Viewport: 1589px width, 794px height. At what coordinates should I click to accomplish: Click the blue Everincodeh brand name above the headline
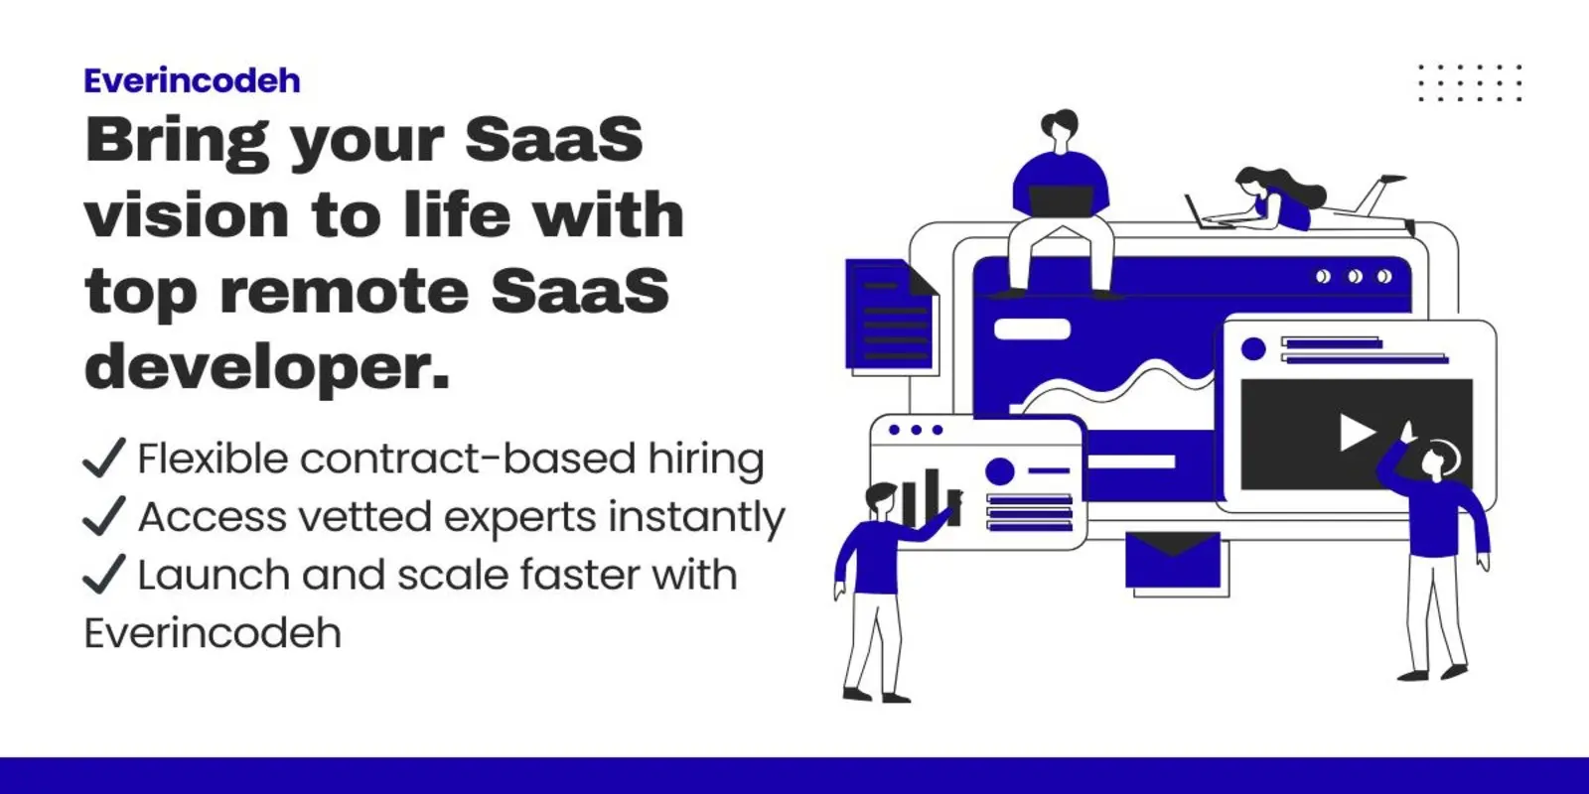(x=192, y=80)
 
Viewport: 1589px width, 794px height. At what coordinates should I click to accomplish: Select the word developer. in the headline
(x=267, y=367)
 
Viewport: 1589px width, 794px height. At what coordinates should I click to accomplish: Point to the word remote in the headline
(x=344, y=292)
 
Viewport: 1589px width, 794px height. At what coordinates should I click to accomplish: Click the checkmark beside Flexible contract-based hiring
(x=103, y=459)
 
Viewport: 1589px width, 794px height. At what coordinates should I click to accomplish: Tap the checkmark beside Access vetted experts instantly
(x=103, y=516)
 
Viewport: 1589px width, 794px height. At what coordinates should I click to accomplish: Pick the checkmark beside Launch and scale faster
(x=103, y=574)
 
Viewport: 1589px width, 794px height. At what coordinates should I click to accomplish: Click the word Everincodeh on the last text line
(x=213, y=633)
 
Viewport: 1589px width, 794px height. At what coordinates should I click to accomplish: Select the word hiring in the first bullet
(x=706, y=460)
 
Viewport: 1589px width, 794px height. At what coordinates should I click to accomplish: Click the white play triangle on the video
(x=1356, y=433)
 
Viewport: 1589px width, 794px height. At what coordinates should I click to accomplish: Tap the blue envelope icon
(x=1172, y=560)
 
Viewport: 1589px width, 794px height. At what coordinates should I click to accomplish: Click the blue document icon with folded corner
(x=890, y=315)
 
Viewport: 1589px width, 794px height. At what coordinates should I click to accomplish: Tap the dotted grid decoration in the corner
(x=1470, y=82)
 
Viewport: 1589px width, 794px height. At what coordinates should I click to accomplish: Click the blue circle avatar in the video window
(x=1253, y=348)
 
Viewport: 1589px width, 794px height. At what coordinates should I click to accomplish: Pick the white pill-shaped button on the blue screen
(x=1032, y=329)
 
